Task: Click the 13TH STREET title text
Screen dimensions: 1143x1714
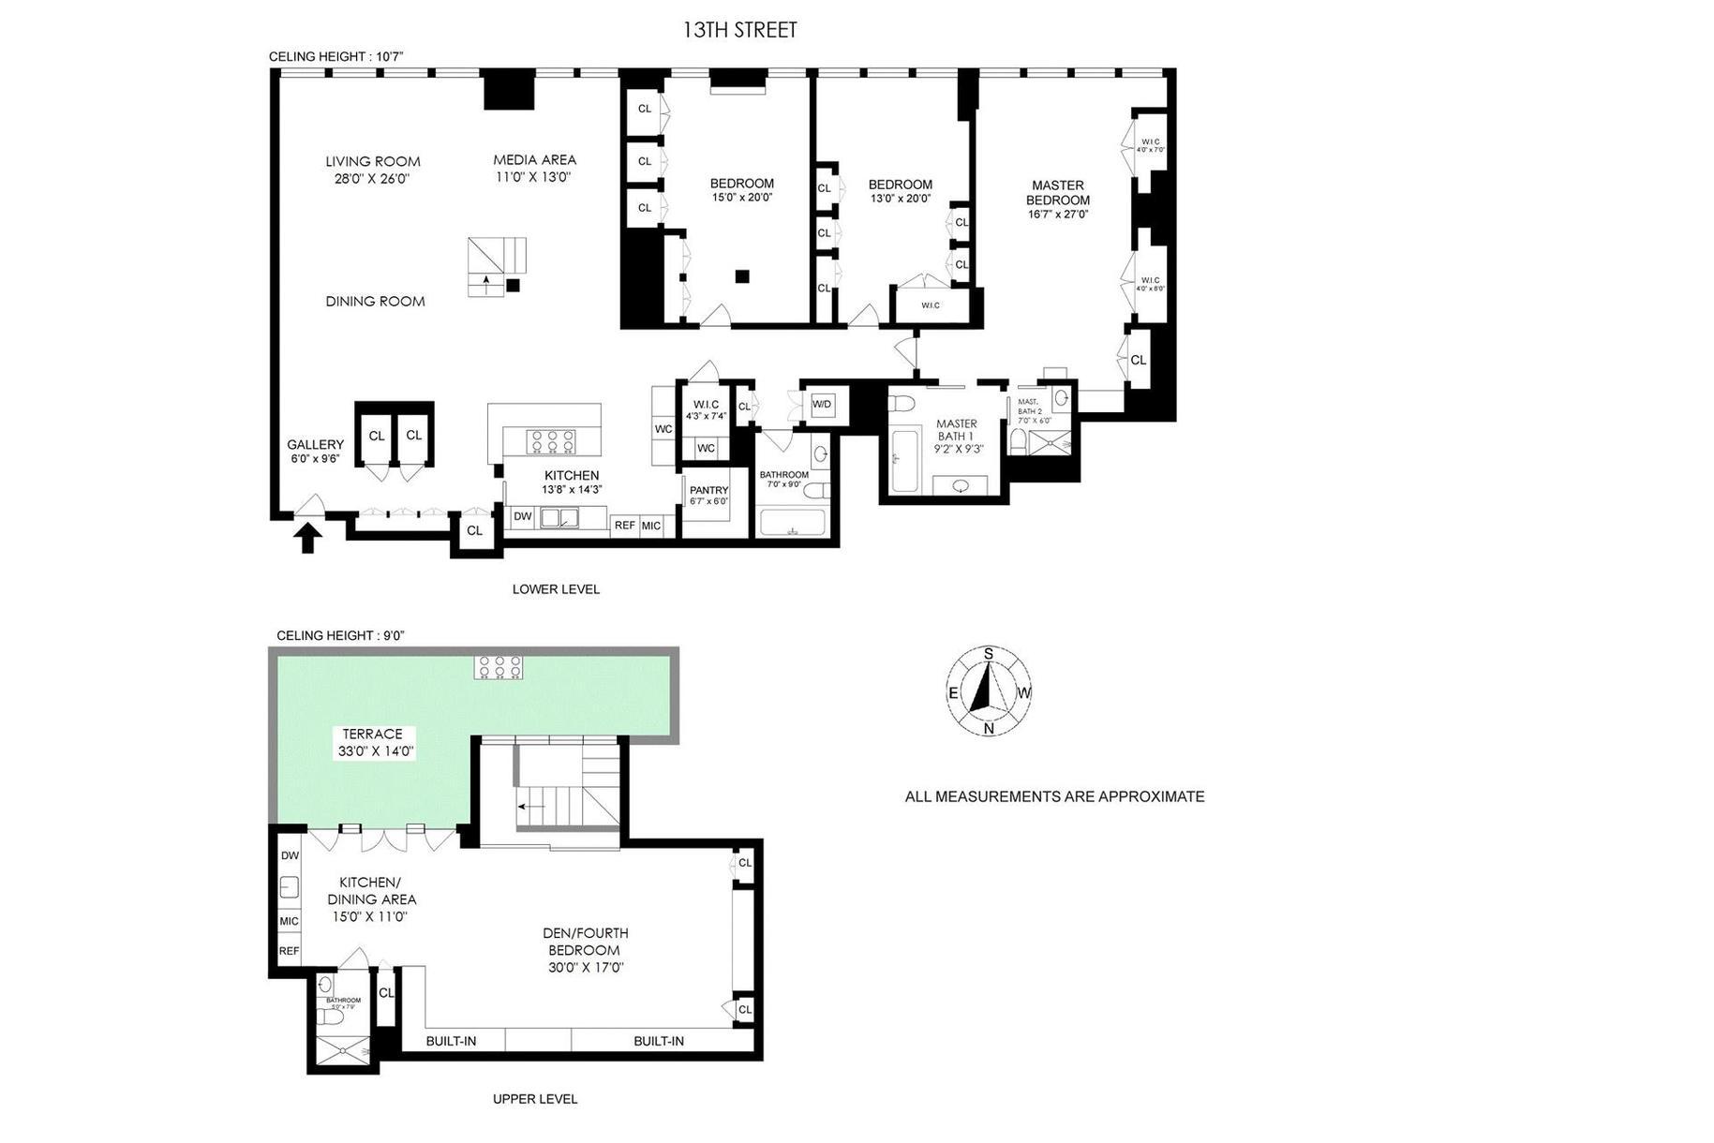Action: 739,30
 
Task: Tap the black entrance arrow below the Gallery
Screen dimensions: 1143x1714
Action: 308,539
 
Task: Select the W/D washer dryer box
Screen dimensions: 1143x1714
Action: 822,405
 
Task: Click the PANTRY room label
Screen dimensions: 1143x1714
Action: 708,490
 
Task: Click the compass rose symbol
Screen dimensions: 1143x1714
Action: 989,691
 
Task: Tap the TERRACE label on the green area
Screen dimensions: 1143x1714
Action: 372,735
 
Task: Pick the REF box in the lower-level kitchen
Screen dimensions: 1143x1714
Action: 625,526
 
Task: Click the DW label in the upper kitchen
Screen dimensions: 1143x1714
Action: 290,856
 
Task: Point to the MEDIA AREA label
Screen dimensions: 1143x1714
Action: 535,160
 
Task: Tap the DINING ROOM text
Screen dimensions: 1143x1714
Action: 375,302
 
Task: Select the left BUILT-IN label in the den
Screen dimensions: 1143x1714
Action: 451,1041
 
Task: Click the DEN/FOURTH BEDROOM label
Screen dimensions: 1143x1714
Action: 586,942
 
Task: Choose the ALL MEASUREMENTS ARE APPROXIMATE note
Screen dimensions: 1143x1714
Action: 1054,797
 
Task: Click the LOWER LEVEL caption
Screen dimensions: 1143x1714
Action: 556,589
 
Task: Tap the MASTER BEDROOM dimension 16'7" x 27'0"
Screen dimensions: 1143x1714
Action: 1057,215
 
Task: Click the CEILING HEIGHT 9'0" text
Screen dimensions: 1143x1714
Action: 340,635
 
